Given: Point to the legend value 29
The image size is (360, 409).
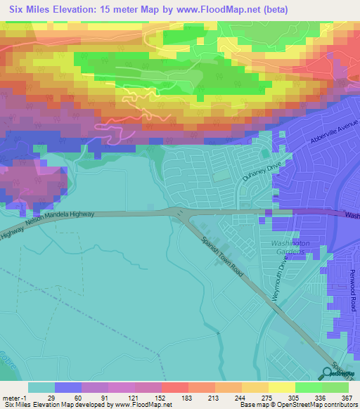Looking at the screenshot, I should (69, 398).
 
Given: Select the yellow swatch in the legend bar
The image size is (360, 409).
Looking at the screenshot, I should (281, 387).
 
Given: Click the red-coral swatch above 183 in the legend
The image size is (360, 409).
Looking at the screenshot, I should (176, 387).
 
